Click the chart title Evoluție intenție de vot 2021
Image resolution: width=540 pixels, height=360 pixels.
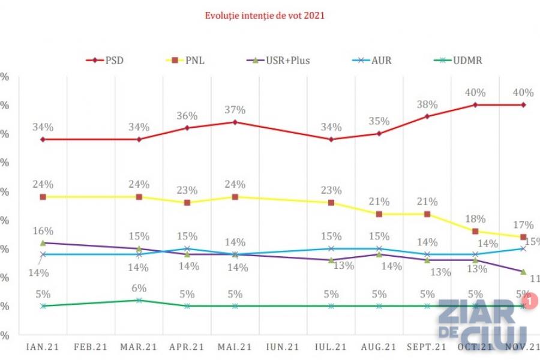point(265,16)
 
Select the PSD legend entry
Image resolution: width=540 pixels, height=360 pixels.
point(109,60)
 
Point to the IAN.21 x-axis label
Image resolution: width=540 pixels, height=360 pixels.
point(43,347)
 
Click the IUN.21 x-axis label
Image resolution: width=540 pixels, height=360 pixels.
point(283,347)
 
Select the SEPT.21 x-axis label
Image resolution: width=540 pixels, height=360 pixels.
point(427,347)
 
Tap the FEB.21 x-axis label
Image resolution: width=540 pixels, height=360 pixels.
point(91,347)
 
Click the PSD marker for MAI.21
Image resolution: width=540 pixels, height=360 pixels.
point(235,122)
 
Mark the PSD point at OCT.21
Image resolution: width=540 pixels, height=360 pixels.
point(475,104)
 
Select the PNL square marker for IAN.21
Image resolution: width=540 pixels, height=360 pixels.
point(43,197)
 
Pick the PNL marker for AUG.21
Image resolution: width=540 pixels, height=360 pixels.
point(379,214)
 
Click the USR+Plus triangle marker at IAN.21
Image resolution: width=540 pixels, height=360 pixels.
point(43,242)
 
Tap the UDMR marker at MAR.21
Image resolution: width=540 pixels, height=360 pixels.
point(139,300)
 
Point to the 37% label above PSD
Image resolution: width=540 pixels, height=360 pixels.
point(235,110)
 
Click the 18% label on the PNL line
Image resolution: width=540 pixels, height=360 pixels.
point(475,219)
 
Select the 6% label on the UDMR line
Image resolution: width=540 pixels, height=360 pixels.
point(139,288)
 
